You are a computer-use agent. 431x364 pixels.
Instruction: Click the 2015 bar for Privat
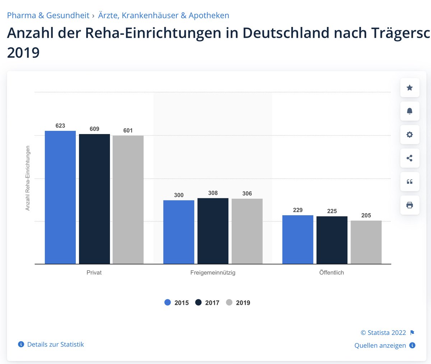[x=60, y=197]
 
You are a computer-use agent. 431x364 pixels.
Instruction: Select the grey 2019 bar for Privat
[x=128, y=199]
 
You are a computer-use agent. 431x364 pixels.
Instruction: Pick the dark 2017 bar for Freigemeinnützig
[x=213, y=231]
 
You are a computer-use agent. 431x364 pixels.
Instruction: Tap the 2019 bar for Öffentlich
[x=366, y=242]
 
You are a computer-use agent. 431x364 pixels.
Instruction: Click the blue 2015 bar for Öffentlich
[x=298, y=239]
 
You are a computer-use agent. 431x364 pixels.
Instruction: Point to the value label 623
[x=60, y=126]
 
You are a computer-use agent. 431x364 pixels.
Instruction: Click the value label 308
[x=213, y=193]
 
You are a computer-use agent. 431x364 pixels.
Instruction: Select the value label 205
[x=366, y=215]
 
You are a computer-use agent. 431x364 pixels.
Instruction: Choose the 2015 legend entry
[x=176, y=303]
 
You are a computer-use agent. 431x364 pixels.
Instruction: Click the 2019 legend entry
[x=238, y=303]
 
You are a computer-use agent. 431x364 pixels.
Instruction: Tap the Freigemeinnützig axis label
[x=213, y=272]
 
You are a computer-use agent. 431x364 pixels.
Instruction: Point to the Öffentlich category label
[x=332, y=272]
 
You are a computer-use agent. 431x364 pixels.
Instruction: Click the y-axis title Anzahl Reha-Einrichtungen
[x=27, y=178]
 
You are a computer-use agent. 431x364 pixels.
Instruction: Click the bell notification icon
[x=409, y=111]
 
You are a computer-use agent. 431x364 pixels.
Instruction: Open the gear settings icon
[x=409, y=135]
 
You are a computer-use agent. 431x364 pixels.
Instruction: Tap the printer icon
[x=409, y=205]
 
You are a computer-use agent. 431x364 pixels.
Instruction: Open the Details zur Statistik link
[x=51, y=344]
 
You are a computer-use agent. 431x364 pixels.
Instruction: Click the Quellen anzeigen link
[x=385, y=345]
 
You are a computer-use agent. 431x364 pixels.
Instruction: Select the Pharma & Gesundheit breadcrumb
[x=48, y=15]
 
